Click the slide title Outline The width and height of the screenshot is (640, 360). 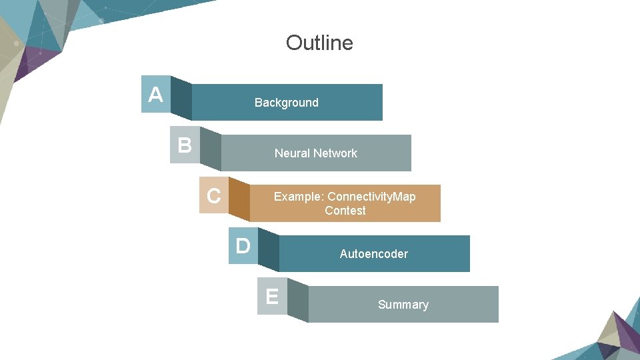319,43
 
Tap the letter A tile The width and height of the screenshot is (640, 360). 156,95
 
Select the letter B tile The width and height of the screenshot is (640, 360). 185,145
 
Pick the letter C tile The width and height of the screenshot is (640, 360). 213,196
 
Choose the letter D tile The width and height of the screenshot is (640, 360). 243,246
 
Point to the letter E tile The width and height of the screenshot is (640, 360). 272,296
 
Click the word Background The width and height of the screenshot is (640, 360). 287,103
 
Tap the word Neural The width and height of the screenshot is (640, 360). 292,153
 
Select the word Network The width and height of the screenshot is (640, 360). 335,153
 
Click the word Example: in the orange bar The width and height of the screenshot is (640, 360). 299,197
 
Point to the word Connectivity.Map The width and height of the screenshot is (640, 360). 371,197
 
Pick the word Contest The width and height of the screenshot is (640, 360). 345,211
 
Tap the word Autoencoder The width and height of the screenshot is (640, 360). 373,254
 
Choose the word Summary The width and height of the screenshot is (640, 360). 403,305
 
